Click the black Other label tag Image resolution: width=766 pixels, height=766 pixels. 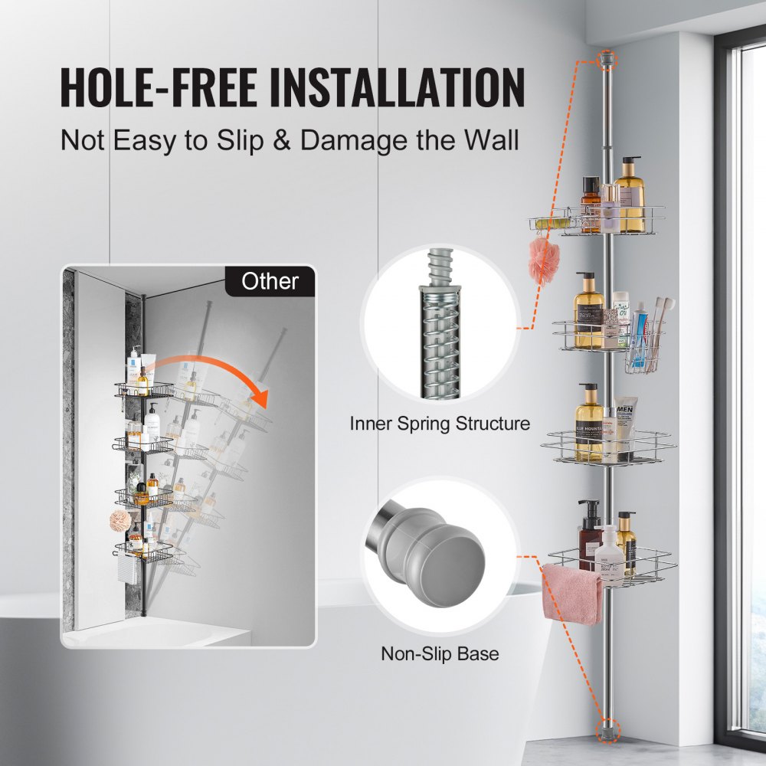(270, 281)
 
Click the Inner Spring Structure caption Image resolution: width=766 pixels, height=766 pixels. (440, 423)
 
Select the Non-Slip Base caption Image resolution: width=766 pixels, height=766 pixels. (440, 653)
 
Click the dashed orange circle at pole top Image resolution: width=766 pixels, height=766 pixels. (605, 57)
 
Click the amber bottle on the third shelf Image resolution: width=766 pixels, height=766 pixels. (589, 425)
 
